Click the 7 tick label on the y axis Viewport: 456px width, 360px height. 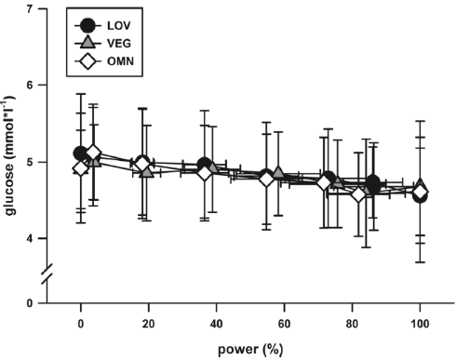(33, 9)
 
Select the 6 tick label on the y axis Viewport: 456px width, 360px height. (33, 86)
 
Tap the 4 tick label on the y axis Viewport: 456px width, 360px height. (33, 239)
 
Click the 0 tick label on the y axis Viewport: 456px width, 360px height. (33, 303)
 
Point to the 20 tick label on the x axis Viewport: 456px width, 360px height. (149, 326)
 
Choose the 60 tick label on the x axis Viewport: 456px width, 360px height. (285, 326)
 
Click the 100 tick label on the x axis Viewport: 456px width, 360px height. (420, 326)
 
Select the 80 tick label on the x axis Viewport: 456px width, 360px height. (353, 326)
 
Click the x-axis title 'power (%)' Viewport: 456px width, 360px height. (249, 352)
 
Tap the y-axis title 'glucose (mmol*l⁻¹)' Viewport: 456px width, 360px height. (11, 153)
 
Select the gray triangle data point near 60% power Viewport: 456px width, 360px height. (278, 175)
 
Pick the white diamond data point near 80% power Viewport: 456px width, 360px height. (359, 193)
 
